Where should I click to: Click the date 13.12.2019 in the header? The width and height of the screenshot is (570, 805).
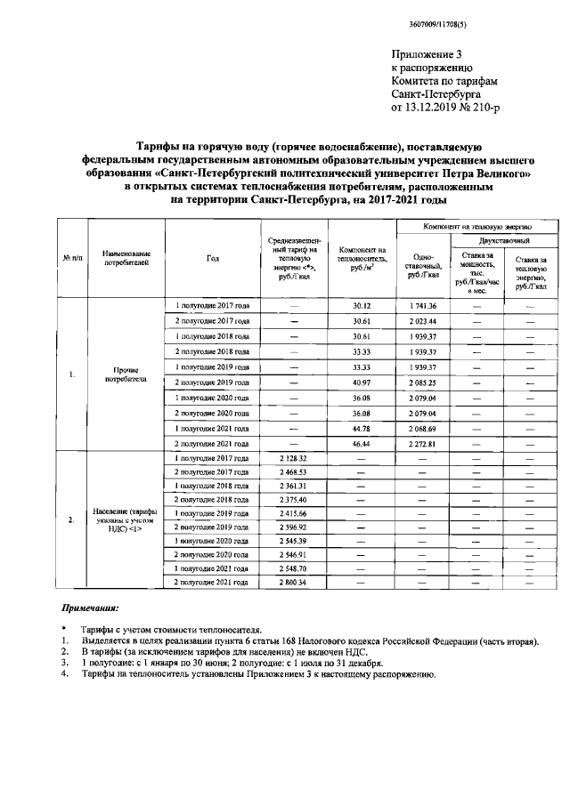pos(436,108)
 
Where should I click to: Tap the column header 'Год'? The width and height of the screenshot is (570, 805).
pos(212,258)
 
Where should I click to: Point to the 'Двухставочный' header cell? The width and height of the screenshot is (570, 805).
pos(502,241)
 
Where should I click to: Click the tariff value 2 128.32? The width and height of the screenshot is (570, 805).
pos(293,458)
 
